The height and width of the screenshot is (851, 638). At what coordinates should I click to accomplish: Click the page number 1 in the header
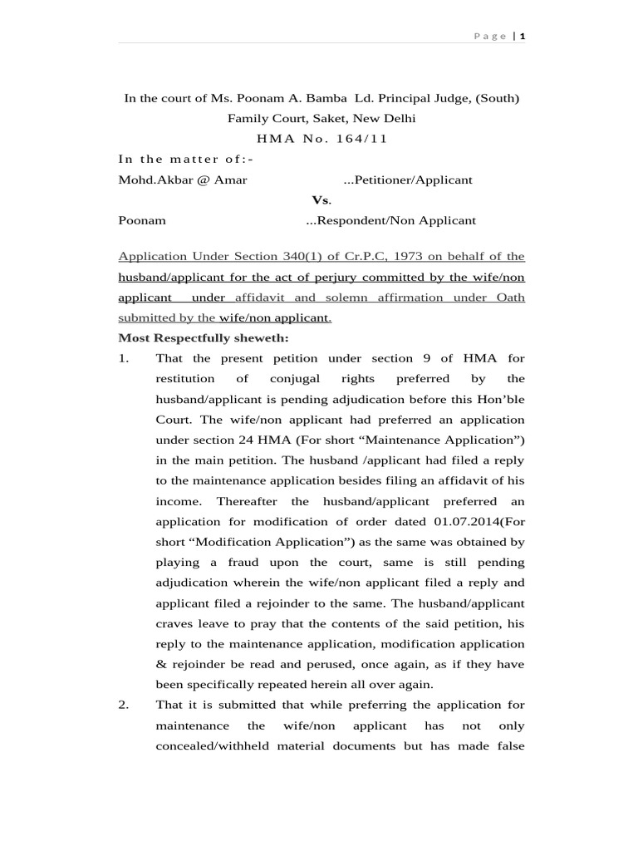[x=523, y=36]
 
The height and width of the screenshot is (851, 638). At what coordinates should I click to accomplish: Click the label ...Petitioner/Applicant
[x=408, y=180]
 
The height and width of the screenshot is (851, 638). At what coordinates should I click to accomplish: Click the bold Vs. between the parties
[x=321, y=200]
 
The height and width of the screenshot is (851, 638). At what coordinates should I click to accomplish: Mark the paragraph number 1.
[x=124, y=358]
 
